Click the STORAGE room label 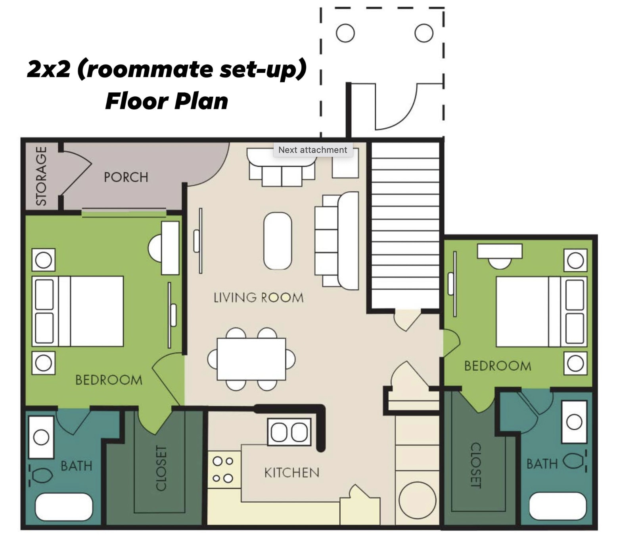41,176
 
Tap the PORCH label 126,177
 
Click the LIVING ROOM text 259,297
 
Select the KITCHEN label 291,473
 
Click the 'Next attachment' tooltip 312,150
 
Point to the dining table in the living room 251,359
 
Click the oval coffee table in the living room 278,241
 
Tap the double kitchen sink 289,432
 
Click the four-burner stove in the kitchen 223,470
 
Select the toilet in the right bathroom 574,461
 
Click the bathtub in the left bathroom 64,507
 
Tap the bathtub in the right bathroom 557,506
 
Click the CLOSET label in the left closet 161,468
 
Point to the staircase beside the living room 405,226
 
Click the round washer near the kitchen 417,500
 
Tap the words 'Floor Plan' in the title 167,101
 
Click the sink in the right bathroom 574,422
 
